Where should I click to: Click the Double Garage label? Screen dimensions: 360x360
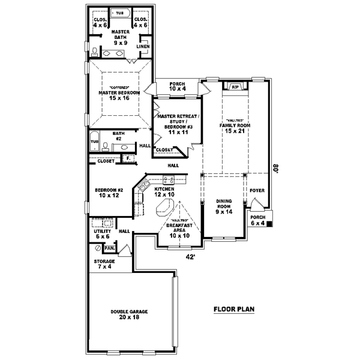[129, 315]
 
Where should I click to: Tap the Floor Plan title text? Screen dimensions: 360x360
[235, 310]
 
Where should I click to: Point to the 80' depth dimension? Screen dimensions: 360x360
[276, 169]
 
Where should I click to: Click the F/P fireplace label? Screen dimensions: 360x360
[235, 87]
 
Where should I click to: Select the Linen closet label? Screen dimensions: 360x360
[143, 46]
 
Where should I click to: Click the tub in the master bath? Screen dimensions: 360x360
[120, 13]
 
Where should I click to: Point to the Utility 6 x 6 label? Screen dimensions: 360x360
[101, 233]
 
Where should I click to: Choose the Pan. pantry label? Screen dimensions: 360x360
[109, 247]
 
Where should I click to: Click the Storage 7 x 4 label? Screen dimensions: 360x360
[104, 265]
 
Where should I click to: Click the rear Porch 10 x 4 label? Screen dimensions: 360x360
[178, 86]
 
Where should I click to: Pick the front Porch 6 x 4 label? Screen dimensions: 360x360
[257, 220]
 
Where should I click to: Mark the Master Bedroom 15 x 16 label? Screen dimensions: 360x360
[119, 95]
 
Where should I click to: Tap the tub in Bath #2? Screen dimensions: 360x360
[94, 142]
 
